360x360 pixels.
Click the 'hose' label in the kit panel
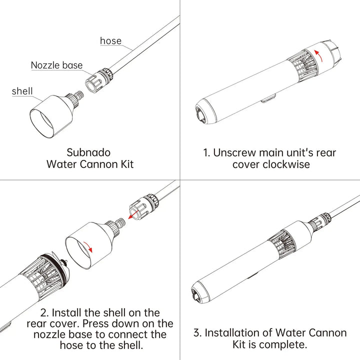coord(110,40)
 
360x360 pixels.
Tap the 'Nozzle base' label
coord(56,65)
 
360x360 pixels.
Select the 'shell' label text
coord(22,90)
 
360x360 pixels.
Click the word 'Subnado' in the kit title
coord(89,151)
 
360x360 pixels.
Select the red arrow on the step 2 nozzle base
coord(133,214)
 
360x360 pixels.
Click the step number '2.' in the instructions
coord(45,313)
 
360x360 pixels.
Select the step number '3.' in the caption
coord(197,332)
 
